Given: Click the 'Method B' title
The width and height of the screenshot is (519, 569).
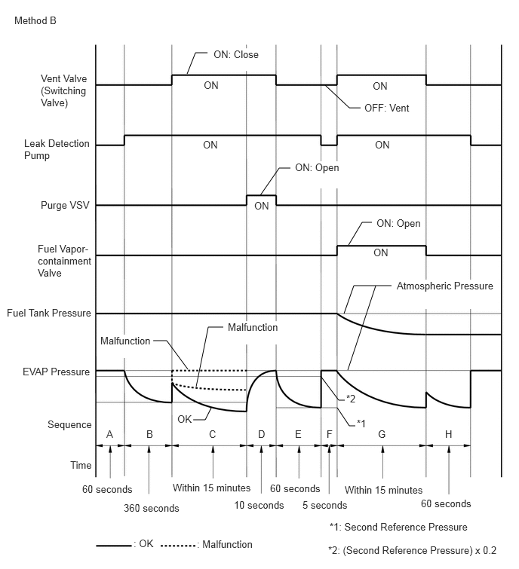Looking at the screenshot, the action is (x=35, y=20).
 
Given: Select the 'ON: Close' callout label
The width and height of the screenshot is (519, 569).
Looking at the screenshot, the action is (x=236, y=54).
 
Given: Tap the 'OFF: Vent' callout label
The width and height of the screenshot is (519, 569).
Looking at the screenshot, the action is (x=387, y=108).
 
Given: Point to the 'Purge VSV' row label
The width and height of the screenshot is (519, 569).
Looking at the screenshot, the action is (x=65, y=206).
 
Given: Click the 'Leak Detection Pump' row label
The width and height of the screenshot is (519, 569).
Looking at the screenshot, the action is (x=57, y=149).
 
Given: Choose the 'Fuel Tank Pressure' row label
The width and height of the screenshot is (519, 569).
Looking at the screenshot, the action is (x=49, y=314).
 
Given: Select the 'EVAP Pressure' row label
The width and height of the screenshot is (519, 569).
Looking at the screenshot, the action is (x=57, y=372).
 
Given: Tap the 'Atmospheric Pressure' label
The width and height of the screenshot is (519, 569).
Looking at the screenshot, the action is (x=445, y=286).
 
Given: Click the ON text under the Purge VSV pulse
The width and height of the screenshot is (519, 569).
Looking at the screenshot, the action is (x=262, y=206).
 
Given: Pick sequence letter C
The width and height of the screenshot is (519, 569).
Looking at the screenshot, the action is (x=213, y=434).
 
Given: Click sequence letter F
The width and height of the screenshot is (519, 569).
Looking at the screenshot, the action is (x=330, y=434).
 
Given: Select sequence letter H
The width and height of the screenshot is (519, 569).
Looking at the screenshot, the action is (x=449, y=434).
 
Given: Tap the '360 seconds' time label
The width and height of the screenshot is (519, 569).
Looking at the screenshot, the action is (x=152, y=508).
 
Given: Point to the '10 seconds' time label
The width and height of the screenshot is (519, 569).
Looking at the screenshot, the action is (x=259, y=505).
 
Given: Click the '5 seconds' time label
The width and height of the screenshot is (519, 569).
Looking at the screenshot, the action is (x=325, y=505).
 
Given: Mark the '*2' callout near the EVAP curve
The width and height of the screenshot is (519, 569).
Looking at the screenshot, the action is (x=351, y=399).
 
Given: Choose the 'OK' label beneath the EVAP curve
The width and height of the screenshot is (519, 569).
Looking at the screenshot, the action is (x=185, y=420).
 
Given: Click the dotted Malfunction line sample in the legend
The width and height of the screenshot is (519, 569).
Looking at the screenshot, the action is (x=178, y=546).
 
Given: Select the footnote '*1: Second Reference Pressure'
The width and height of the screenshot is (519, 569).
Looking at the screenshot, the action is (x=398, y=527).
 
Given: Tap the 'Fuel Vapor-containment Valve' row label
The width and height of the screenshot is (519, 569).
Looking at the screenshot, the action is (x=64, y=261).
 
